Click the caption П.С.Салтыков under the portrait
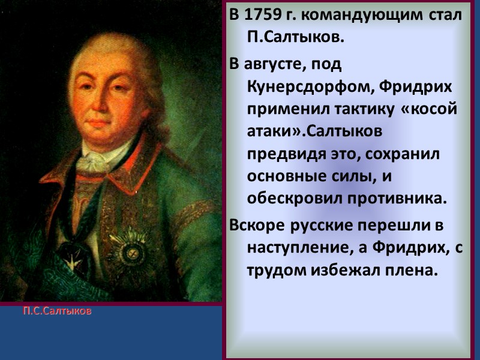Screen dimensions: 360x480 point(58,312)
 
